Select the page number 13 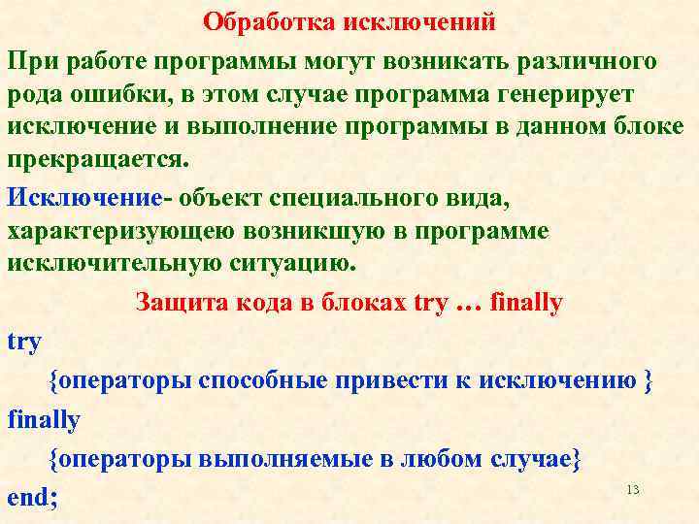click(x=633, y=490)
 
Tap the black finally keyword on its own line click(x=44, y=419)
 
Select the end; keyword click(x=32, y=498)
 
